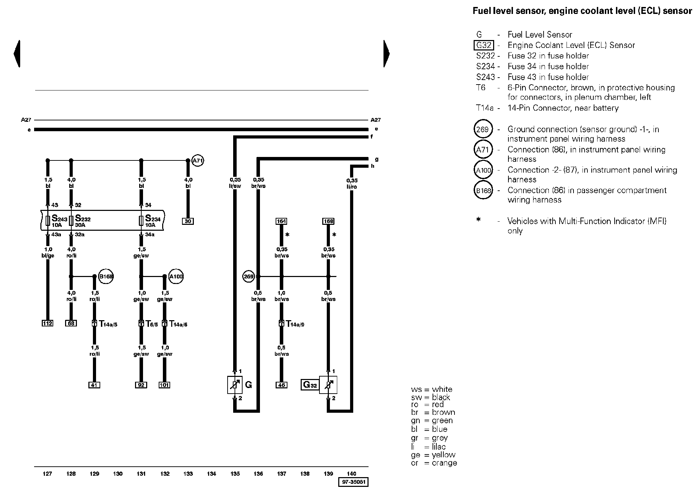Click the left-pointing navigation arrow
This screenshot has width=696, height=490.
[17, 54]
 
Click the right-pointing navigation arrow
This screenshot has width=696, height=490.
[387, 54]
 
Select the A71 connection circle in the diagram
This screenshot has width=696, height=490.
[198, 160]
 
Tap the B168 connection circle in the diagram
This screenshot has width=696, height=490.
[106, 277]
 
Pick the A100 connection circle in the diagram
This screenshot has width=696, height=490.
[176, 277]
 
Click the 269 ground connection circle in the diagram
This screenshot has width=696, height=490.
[248, 277]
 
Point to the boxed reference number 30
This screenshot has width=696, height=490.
[188, 221]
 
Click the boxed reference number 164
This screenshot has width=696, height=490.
[281, 221]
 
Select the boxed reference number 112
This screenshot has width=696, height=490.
[47, 323]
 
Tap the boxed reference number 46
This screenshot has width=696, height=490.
[281, 385]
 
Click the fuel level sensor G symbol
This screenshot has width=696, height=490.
[235, 385]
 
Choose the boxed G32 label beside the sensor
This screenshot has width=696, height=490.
[310, 385]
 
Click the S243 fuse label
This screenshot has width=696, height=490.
[59, 219]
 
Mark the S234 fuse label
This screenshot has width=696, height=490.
[153, 219]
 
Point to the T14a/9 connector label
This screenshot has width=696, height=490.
[295, 324]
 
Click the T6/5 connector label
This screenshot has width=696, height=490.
[152, 324]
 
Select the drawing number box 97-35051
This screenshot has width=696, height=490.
[353, 482]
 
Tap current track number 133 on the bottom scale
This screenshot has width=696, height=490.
[188, 474]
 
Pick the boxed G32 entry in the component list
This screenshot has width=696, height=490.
[484, 45]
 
